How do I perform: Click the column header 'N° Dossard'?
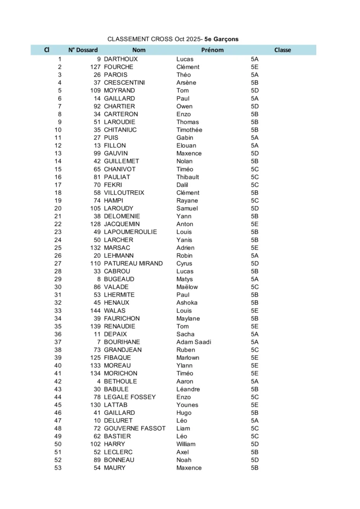coord(83,50)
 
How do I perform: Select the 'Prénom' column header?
coord(212,50)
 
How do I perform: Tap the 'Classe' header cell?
coord(283,50)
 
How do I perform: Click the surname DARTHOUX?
coord(121,59)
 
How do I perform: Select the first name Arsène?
coord(186,83)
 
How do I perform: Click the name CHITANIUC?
coord(120,130)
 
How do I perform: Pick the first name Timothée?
coord(189,130)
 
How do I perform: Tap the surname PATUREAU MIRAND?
coord(134,263)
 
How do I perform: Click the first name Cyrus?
coord(184,263)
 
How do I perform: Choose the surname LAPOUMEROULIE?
coord(131,232)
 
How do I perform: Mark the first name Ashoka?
coord(187,303)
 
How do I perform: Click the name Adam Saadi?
coord(194,342)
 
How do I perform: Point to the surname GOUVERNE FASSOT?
coord(135,428)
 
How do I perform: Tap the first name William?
coord(186,444)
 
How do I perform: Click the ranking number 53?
coord(58,468)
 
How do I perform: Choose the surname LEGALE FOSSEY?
coord(130,397)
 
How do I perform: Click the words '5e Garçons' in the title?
coord(221,39)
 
